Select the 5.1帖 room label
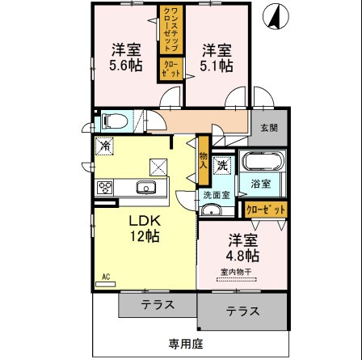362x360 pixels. pos(217,57)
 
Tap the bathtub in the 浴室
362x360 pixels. pos(260,162)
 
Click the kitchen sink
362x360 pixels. pos(146,188)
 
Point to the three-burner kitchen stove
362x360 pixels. pos(105,188)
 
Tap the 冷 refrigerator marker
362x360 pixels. pos(105,146)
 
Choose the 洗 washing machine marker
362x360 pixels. pos(221,165)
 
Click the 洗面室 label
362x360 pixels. pos(216,196)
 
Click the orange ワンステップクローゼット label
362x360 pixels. pos(172,32)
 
